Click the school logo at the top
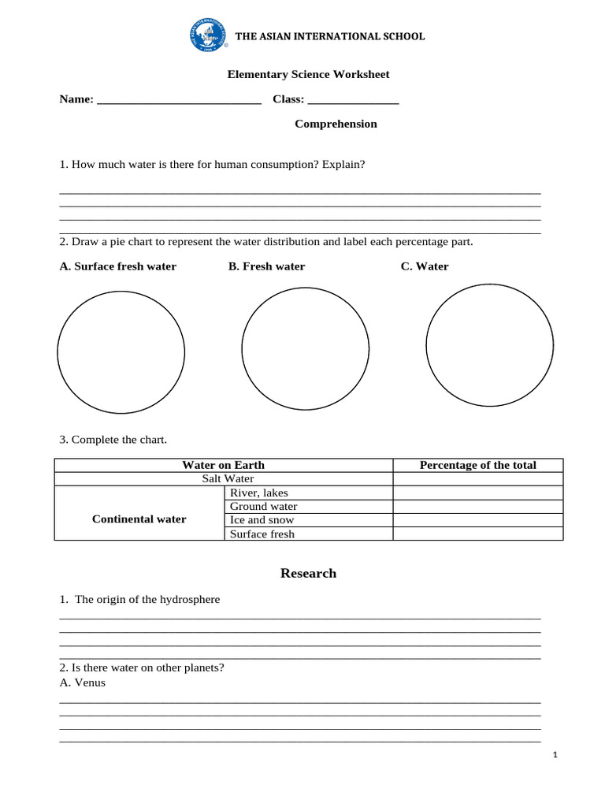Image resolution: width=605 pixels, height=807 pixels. coord(207,36)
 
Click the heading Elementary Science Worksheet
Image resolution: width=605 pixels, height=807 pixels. coord(308,74)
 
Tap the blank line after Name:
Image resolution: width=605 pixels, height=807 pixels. coord(179,100)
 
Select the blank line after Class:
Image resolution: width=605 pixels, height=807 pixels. coord(353,100)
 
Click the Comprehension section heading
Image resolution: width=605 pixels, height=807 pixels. coord(336,124)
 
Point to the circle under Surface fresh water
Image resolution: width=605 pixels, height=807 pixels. coord(121,351)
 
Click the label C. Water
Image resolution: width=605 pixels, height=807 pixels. coord(425,266)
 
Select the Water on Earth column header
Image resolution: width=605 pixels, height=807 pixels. coord(223,465)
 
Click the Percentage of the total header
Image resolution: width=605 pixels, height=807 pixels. coord(477,465)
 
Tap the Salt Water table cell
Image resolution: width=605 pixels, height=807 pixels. coord(228,478)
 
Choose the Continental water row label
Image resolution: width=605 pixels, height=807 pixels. coord(139,519)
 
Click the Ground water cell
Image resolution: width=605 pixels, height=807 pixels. coord(263,507)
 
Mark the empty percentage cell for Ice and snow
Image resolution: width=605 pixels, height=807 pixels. coord(477,520)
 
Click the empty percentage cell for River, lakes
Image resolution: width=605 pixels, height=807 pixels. coord(477,493)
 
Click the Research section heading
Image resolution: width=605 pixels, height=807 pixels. coord(308,573)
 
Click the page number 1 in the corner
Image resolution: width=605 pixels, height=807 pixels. coord(555,755)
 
